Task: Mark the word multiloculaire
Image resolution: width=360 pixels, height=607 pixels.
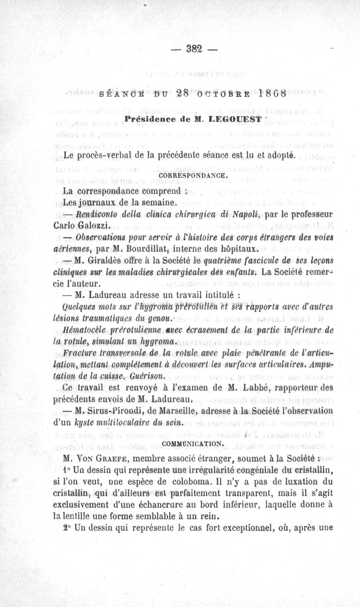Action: click(113, 422)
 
